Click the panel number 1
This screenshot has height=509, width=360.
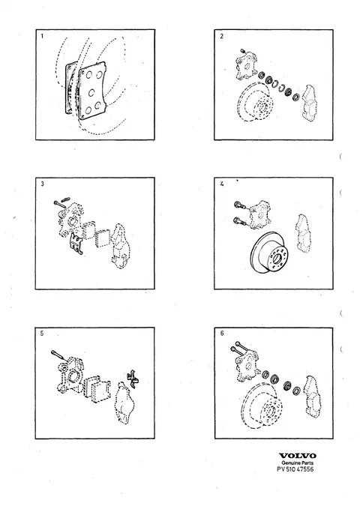pyautogui.click(x=42, y=36)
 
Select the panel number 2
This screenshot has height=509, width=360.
pyautogui.click(x=221, y=36)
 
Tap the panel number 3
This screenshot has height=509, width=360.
pyautogui.click(x=43, y=184)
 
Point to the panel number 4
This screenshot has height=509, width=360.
pyautogui.click(x=222, y=184)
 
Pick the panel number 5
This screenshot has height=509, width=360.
pyautogui.click(x=42, y=334)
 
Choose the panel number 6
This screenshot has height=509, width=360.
pyautogui.click(x=222, y=334)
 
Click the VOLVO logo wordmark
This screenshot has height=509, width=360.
pyautogui.click(x=298, y=456)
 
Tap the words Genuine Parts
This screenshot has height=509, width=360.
pyautogui.click(x=298, y=463)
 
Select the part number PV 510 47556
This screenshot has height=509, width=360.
pyautogui.click(x=295, y=469)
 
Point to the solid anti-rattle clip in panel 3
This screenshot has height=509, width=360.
pyautogui.click(x=76, y=244)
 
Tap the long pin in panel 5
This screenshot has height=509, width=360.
pyautogui.click(x=59, y=356)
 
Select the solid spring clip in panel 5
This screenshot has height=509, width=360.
pyautogui.click(x=133, y=377)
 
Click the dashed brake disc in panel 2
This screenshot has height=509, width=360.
pyautogui.click(x=255, y=101)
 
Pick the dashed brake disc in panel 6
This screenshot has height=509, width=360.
pyautogui.click(x=262, y=405)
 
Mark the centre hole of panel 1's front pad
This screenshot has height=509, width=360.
pyautogui.click(x=91, y=93)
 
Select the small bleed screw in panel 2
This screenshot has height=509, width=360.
pyautogui.click(x=243, y=52)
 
